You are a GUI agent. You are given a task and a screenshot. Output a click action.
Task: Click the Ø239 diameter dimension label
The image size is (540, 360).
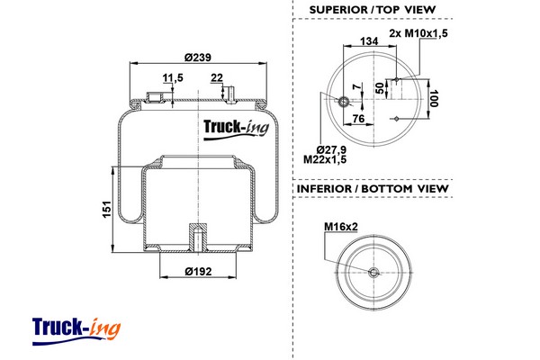197,58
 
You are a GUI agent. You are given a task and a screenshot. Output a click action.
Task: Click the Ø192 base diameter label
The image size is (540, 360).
197,271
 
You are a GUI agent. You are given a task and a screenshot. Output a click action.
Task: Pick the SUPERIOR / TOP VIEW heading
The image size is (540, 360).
372,9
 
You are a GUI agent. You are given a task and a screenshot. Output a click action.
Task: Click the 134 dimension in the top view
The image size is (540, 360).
367,41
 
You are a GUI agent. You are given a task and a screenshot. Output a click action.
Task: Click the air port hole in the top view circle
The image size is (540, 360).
343,101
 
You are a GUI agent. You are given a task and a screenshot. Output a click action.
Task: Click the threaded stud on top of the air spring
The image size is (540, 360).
229,93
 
